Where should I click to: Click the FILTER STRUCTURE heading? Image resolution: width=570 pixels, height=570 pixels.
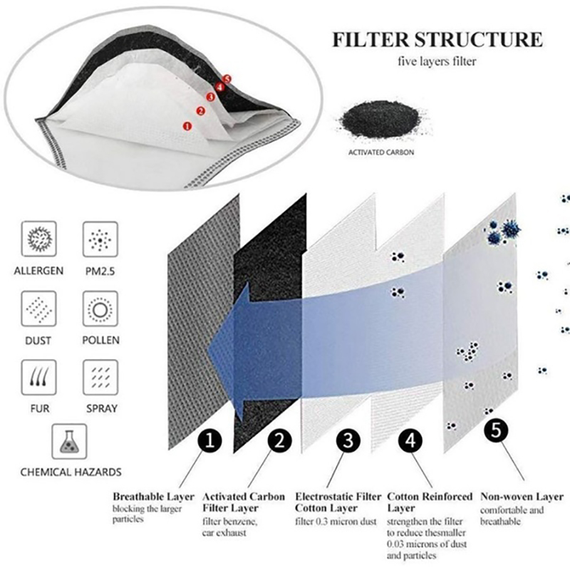tap(437, 39)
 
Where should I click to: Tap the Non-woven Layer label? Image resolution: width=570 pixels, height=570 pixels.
tap(522, 497)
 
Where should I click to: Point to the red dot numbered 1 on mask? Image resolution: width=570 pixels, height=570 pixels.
tap(187, 125)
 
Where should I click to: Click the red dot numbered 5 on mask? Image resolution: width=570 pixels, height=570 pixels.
tap(227, 78)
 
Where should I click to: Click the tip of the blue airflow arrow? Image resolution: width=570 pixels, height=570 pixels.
tap(209, 348)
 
